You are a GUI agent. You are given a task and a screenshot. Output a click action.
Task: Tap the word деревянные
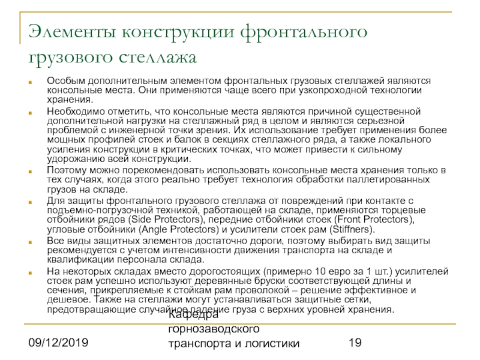pos(197,281)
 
